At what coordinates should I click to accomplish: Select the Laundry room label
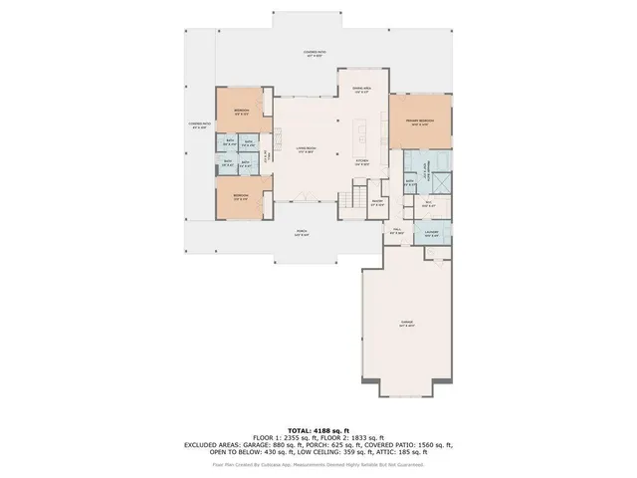coord(431,235)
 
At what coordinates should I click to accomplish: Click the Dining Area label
coord(361,91)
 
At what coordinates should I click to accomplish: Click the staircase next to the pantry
coord(349,200)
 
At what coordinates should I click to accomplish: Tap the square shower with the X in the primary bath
coord(441,183)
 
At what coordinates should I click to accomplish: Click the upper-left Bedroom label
coord(241,111)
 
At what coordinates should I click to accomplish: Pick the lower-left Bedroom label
coord(240,196)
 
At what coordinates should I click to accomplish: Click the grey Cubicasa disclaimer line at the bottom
coord(318,464)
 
